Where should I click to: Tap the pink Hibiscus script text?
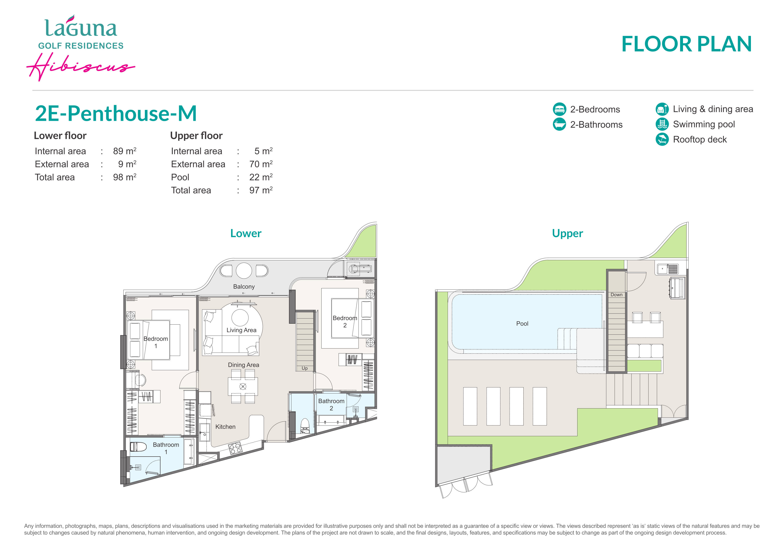(81, 67)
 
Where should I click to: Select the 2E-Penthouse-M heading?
(116, 113)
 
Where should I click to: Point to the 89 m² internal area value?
(125, 151)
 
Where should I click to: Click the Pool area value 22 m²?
(261, 177)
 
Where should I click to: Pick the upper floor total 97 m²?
(261, 190)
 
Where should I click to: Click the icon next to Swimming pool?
(662, 124)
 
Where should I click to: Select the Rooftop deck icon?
(662, 139)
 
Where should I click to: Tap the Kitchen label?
(225, 427)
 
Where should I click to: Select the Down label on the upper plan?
(616, 295)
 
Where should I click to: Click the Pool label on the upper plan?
(522, 324)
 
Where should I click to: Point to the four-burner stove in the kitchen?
(235, 448)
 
